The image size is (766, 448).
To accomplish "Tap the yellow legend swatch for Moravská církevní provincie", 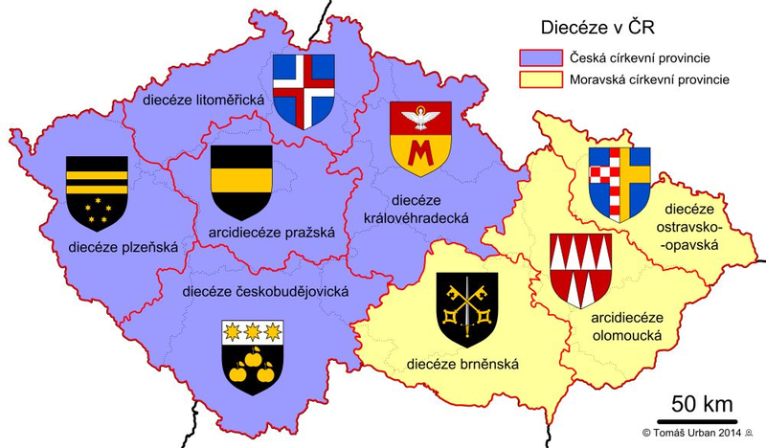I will (x=537, y=79).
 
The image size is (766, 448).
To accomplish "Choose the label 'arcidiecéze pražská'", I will (x=270, y=232).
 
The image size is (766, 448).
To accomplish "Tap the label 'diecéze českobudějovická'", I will (x=264, y=291).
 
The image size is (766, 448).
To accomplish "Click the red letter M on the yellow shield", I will (x=419, y=151).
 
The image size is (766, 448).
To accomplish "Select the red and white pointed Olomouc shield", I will (x=581, y=269).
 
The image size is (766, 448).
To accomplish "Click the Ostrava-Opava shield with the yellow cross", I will (x=619, y=183).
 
